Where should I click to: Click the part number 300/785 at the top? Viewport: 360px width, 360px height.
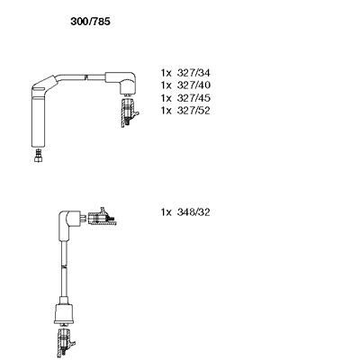(x=90, y=22)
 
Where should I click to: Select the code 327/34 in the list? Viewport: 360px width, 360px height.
(x=193, y=73)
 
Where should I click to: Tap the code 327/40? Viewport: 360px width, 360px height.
(x=193, y=85)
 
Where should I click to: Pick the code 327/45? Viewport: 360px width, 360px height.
(x=193, y=98)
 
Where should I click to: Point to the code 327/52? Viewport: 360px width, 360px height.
(x=193, y=111)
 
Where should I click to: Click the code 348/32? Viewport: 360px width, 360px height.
(x=193, y=212)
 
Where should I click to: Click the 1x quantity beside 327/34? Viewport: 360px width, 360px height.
(x=166, y=73)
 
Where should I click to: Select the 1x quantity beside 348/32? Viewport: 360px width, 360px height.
(x=166, y=212)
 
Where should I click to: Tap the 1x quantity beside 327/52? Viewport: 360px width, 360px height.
(x=166, y=111)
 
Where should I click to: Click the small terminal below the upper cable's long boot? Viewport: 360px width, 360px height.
(x=38, y=156)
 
